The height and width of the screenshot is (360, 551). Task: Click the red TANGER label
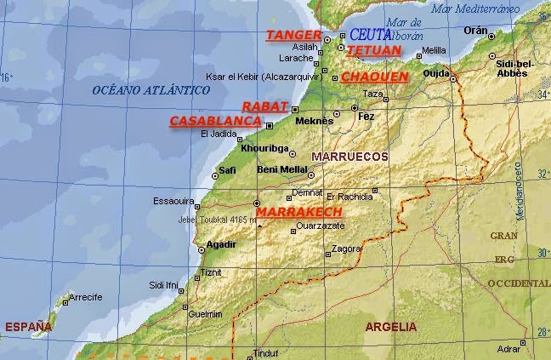click(x=293, y=35)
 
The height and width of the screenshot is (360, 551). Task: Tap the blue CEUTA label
click(x=370, y=35)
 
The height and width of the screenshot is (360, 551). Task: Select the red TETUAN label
click(x=373, y=50)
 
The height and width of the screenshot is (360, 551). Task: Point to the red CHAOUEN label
click(x=374, y=77)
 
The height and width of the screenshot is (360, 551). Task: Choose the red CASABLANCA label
click(x=213, y=122)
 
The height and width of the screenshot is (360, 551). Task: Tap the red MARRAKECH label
click(x=299, y=211)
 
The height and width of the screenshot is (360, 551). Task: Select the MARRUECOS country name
click(x=349, y=157)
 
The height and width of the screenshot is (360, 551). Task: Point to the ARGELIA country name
click(x=391, y=327)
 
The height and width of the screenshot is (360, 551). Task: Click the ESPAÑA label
click(x=28, y=327)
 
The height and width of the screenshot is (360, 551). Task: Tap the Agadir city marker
click(x=202, y=250)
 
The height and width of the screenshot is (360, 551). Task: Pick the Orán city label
click(x=475, y=30)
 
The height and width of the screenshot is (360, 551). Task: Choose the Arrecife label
click(x=85, y=297)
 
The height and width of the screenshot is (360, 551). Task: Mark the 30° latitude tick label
click(x=542, y=253)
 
